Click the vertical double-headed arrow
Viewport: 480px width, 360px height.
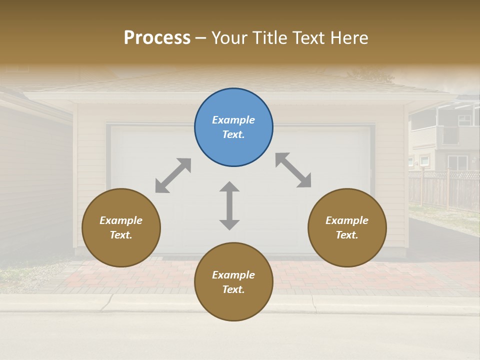[x=229, y=205]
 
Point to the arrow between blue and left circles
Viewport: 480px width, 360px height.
[x=173, y=175]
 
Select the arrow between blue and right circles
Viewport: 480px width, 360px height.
[x=293, y=170]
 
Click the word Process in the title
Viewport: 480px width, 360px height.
[x=157, y=38]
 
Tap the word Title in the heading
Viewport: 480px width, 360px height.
[x=268, y=38]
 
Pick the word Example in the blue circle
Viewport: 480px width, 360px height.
[x=233, y=120]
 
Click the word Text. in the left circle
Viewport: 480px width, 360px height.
[x=121, y=235]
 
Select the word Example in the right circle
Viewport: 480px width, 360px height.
[x=347, y=220]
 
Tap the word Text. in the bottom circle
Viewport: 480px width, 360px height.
[x=233, y=289]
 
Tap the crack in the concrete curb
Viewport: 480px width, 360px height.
[x=313, y=302]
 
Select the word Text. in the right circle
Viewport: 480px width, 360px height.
[x=347, y=235]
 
